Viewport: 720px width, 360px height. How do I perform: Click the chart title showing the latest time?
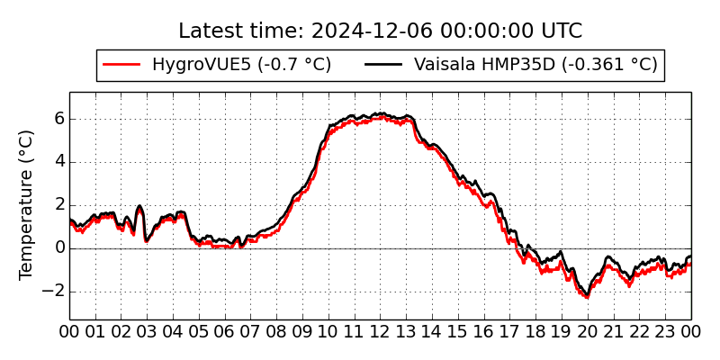coord(380,31)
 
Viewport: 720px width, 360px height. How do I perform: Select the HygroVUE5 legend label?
coord(241,65)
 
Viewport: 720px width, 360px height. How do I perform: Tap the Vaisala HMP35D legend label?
coord(535,65)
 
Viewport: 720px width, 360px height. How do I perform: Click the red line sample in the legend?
coord(122,65)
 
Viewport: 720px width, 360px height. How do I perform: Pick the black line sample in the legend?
coord(384,65)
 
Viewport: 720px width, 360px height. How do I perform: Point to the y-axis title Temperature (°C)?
coord(27,204)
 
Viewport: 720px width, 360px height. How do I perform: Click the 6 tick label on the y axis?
coord(58,119)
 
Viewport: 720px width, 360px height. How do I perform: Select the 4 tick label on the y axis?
coord(58,162)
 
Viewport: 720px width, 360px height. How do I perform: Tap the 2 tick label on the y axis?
coord(58,205)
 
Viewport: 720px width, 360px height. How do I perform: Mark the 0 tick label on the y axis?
coord(58,247)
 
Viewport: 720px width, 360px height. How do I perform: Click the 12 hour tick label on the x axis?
coord(381,331)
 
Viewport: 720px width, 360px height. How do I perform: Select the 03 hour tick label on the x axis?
coord(148,331)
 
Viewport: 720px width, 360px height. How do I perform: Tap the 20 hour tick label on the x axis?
coord(588,331)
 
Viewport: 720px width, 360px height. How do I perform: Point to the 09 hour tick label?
coord(302,331)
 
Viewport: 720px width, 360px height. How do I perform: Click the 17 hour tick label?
coord(510,331)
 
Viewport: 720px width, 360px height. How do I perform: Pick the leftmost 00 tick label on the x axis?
coord(70,331)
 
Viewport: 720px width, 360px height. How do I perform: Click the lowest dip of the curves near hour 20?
coord(586,295)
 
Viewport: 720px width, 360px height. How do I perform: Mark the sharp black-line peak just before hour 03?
coord(139,207)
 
